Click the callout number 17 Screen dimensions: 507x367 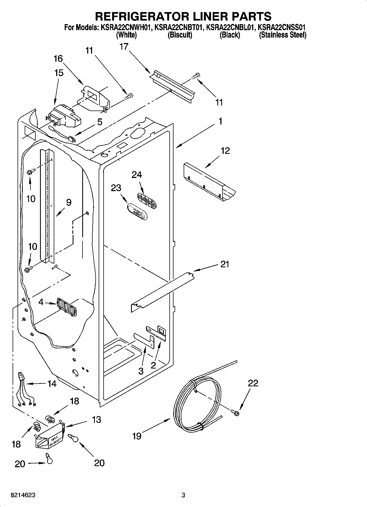pyautogui.click(x=124, y=47)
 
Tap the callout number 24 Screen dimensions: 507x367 pyautogui.click(x=137, y=175)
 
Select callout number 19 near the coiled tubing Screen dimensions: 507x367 pyautogui.click(x=137, y=436)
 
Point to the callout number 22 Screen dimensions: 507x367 pyautogui.click(x=253, y=383)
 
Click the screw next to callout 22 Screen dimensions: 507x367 pyautogui.click(x=235, y=411)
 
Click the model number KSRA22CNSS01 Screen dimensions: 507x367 pyautogui.click(x=282, y=28)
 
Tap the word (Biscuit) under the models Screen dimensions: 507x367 pyautogui.click(x=180, y=35)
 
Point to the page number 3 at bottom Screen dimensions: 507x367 pyautogui.click(x=183, y=495)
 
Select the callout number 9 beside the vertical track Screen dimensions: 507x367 pyautogui.click(x=69, y=202)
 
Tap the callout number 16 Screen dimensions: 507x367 pyautogui.click(x=58, y=59)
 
